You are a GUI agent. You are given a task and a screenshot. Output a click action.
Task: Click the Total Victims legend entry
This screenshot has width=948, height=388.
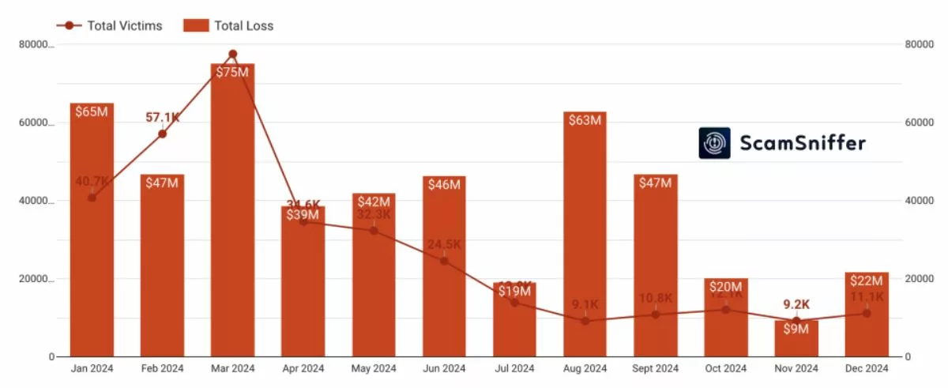110,25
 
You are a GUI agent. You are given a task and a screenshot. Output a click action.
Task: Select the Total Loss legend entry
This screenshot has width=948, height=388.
228,25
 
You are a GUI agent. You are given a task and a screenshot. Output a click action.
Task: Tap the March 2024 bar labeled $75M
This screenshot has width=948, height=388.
232,213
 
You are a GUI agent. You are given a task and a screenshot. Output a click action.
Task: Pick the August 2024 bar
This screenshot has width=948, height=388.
585,237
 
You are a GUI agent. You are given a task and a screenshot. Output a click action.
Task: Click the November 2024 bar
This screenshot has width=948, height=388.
796,340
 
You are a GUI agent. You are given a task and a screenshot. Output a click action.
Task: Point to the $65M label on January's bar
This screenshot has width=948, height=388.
92,111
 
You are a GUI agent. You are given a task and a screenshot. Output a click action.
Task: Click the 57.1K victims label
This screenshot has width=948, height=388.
163,118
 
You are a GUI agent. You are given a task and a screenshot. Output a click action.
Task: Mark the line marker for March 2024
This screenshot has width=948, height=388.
232,55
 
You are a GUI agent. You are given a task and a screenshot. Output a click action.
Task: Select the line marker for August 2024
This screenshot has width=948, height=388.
585,321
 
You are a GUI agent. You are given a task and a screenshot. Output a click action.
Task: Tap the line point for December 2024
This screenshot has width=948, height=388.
867,313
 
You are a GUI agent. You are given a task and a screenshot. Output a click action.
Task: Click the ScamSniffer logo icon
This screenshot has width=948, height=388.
714,143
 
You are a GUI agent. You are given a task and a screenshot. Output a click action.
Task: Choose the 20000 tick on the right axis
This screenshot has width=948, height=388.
920,280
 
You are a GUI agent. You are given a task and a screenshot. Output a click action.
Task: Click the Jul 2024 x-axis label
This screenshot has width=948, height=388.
514,369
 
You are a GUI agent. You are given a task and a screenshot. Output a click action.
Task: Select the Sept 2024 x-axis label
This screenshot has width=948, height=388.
655,369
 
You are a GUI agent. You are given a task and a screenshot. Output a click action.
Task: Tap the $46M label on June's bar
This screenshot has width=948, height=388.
444,185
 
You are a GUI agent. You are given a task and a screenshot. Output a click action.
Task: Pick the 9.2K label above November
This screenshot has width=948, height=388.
796,304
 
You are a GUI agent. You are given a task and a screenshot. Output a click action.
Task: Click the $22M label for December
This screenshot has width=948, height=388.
867,281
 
